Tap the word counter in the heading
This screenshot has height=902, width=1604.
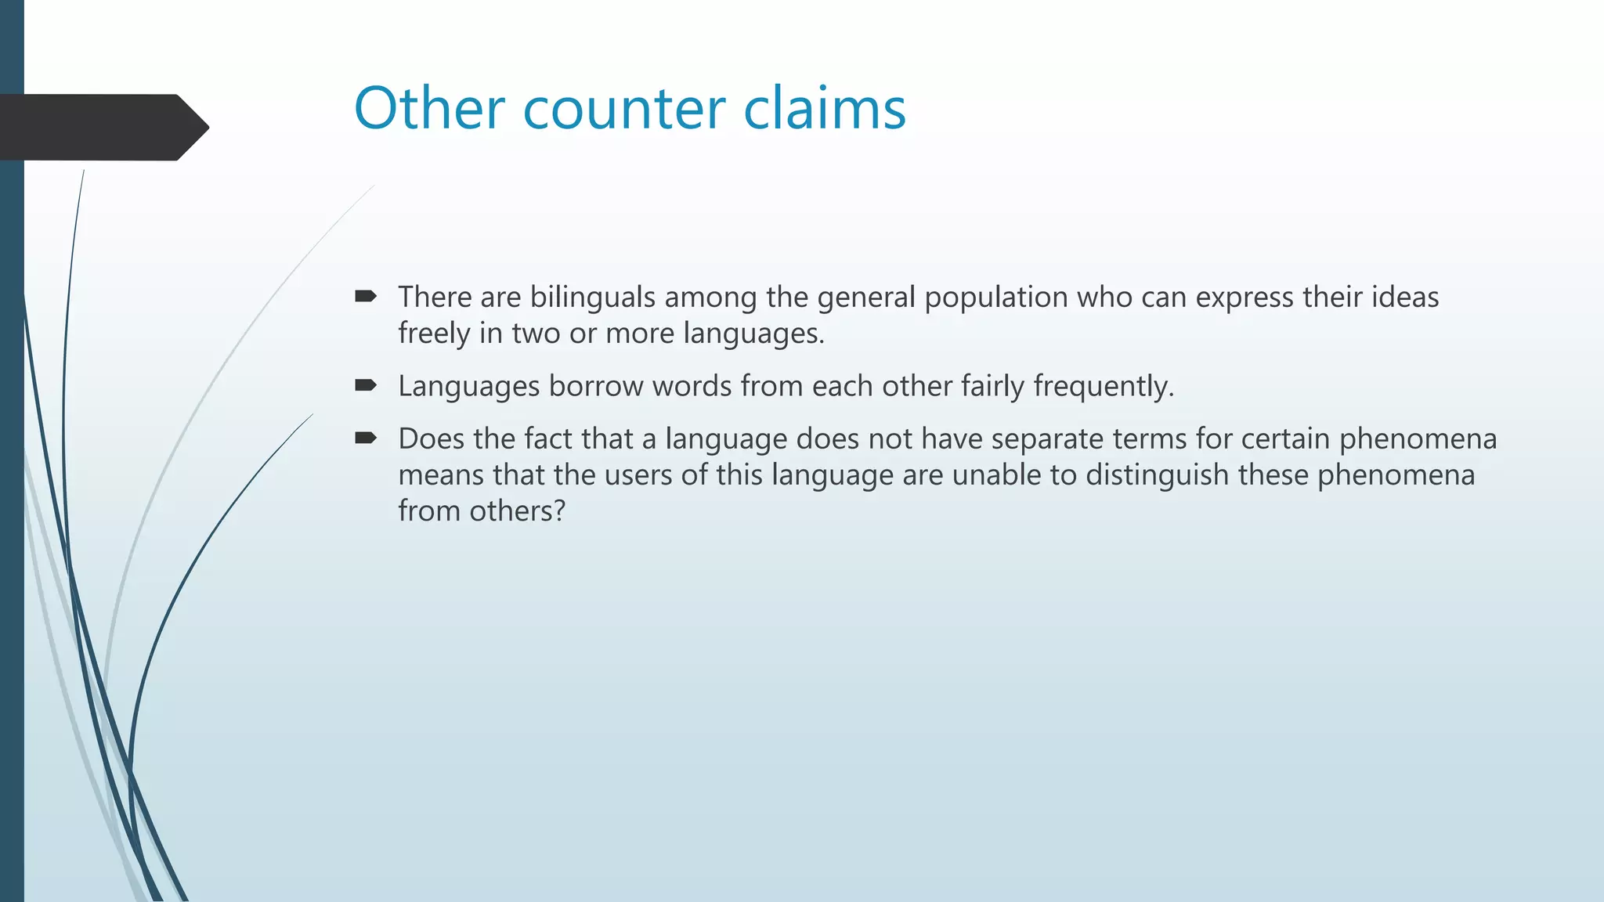click(x=623, y=110)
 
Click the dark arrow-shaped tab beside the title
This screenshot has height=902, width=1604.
click(x=102, y=128)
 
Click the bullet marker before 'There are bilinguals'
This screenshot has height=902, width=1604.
click(x=366, y=296)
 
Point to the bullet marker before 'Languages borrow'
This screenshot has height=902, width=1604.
click(x=366, y=385)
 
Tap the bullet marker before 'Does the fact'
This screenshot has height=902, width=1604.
click(x=366, y=438)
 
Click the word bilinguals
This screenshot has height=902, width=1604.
click(x=592, y=298)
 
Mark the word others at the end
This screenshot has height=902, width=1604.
click(x=516, y=511)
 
